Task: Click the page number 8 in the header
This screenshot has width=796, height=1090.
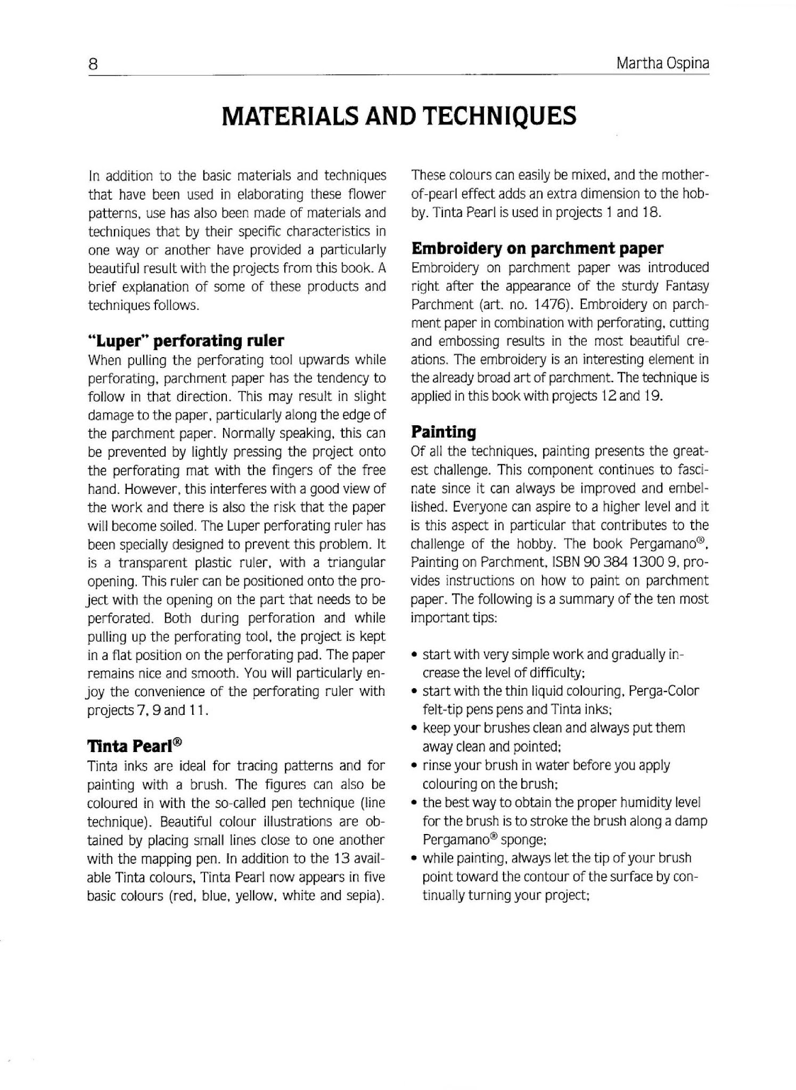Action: pyautogui.click(x=93, y=64)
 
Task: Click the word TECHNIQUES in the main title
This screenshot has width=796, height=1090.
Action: pyautogui.click(x=499, y=115)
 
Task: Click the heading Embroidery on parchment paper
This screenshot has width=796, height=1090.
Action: pyautogui.click(x=537, y=248)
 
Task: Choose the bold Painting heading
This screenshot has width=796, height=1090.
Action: pyautogui.click(x=444, y=432)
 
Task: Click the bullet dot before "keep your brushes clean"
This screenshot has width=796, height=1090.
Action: pyautogui.click(x=415, y=728)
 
